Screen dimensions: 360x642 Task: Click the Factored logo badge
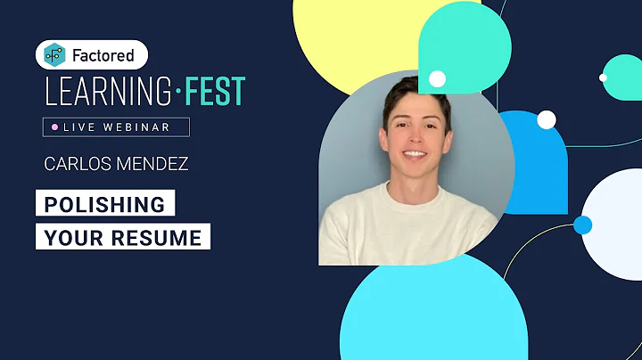click(91, 55)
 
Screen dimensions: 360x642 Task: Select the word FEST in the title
click(211, 90)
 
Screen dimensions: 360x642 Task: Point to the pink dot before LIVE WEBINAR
click(54, 127)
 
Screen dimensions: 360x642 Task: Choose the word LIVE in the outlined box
click(78, 127)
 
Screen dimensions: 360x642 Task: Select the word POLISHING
click(105, 204)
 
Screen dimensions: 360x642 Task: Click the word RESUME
click(164, 237)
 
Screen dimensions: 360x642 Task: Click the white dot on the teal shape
click(437, 78)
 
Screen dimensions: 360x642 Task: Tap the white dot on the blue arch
click(547, 119)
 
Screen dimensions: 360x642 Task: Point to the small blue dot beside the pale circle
click(582, 225)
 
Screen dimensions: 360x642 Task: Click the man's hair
click(416, 93)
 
